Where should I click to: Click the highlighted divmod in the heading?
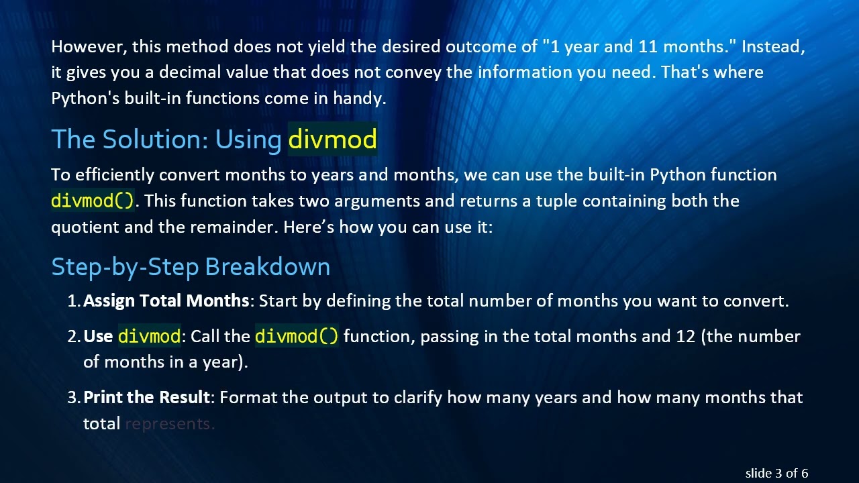pos(332,140)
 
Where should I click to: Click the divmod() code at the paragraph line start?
pos(93,201)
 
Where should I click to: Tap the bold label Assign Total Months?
pos(166,301)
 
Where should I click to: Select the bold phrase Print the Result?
pos(146,397)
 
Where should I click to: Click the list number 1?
pos(73,301)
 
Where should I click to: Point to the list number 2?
pos(73,336)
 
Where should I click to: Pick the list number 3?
pos(73,398)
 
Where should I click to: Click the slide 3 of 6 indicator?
pos(776,473)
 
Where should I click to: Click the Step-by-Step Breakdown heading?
pos(191,267)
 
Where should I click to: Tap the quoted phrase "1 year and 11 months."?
pos(638,46)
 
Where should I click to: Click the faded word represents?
pos(169,424)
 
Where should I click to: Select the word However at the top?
pos(88,46)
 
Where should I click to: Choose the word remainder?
pos(233,227)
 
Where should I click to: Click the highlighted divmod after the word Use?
pos(149,336)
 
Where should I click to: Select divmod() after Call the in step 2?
pos(297,336)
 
